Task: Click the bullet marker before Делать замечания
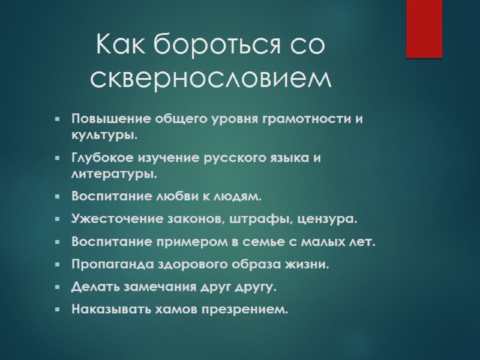point(57,287)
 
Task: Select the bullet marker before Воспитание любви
point(57,196)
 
